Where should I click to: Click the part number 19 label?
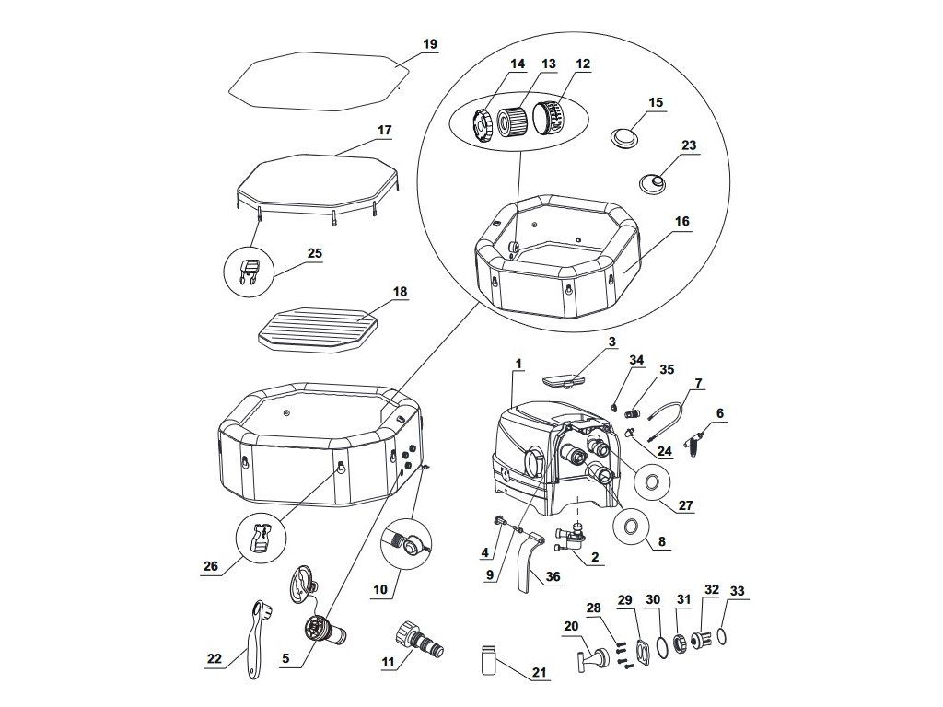click(430, 44)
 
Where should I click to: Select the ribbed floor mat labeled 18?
click(320, 328)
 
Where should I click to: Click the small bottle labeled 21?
click(489, 659)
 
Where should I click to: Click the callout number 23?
click(689, 145)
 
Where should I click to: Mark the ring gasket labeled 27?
click(651, 481)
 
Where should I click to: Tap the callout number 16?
click(681, 221)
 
